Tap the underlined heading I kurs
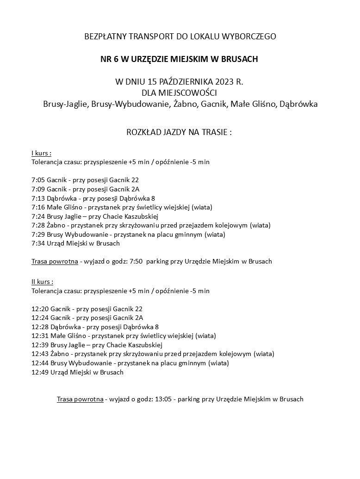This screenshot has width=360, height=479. [x=41, y=154]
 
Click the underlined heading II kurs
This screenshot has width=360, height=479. [x=42, y=282]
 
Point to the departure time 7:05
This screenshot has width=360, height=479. [x=37, y=180]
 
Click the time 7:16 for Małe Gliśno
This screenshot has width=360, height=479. [x=37, y=207]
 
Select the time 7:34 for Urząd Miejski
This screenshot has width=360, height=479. [x=37, y=243]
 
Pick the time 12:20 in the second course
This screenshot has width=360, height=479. [x=39, y=308]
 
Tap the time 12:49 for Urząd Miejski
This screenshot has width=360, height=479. [x=39, y=372]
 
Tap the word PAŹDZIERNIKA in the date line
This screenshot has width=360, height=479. [x=183, y=82]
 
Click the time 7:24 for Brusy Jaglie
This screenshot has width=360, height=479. [x=37, y=216]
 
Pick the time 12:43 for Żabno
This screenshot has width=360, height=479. [x=39, y=354]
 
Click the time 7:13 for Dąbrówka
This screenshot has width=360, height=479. [x=37, y=198]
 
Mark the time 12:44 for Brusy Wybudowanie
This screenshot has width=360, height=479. [x=39, y=363]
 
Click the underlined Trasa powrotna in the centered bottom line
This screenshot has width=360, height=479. [x=80, y=399]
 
